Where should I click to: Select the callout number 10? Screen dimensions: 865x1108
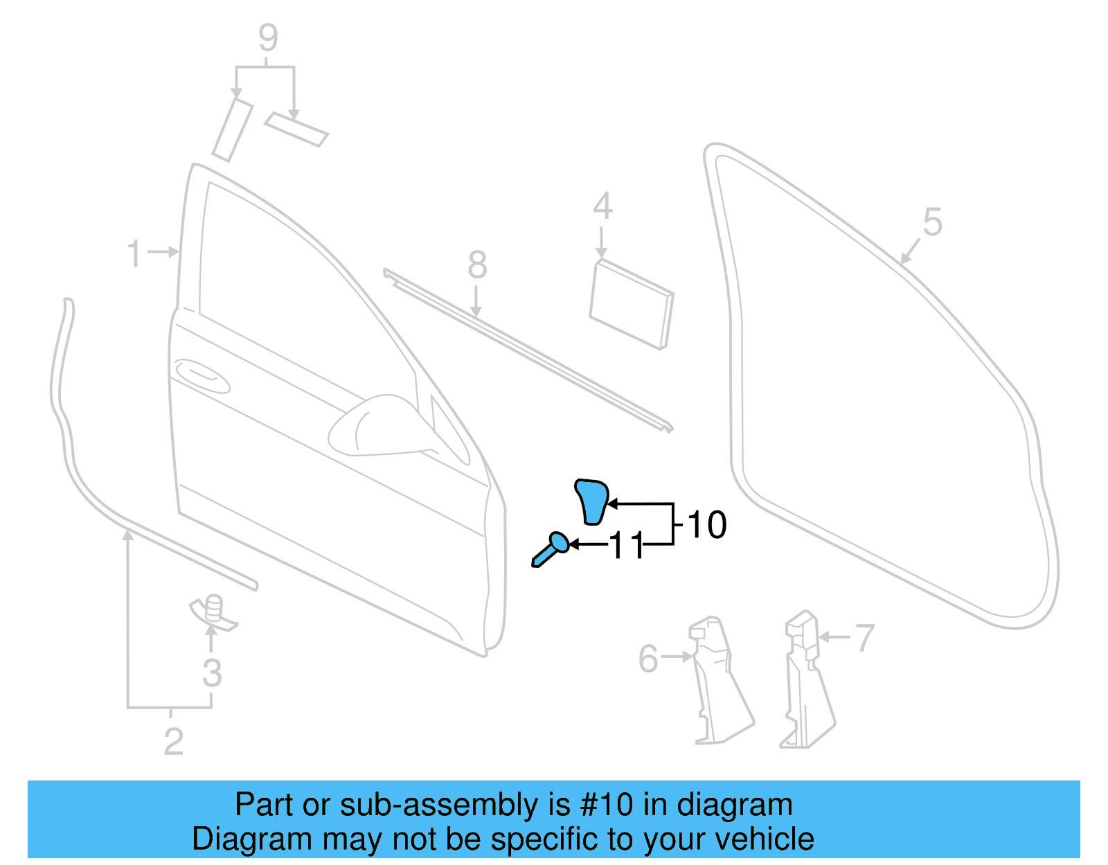(707, 525)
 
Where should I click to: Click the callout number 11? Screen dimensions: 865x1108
(627, 546)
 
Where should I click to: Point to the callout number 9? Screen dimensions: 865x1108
(268, 38)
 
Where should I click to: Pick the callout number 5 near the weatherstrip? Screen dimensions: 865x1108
(932, 223)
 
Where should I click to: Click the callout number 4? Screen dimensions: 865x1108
(602, 206)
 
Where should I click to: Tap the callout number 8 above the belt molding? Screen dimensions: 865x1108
(477, 265)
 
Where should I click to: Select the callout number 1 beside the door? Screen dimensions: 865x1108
(135, 253)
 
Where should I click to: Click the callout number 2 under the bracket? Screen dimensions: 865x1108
(173, 742)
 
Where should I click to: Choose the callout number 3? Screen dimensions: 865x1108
(212, 673)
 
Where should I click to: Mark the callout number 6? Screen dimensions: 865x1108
(647, 659)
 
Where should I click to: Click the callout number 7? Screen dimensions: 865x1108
(864, 638)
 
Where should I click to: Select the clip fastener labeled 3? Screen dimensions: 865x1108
(214, 612)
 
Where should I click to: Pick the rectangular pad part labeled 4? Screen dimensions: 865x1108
(630, 305)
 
